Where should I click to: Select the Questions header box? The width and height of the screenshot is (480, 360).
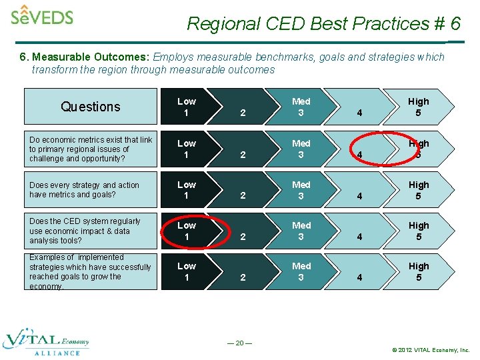[91, 107]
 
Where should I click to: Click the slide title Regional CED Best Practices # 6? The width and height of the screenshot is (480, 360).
[323, 24]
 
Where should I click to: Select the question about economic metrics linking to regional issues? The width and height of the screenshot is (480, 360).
[91, 149]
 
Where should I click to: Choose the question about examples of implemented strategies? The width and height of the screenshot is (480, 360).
[91, 271]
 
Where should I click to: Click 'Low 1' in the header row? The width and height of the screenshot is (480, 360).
[187, 107]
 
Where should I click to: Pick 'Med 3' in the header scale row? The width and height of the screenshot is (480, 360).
[301, 107]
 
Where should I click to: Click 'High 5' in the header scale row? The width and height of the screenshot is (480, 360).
[419, 107]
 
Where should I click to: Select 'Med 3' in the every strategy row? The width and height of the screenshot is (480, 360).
[301, 190]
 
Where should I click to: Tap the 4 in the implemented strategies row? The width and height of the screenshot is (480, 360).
[360, 277]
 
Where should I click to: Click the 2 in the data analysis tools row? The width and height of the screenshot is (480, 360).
[243, 237]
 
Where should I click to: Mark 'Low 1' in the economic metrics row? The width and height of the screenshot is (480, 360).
[187, 149]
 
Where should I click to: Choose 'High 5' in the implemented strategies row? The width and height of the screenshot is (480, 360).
[419, 271]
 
